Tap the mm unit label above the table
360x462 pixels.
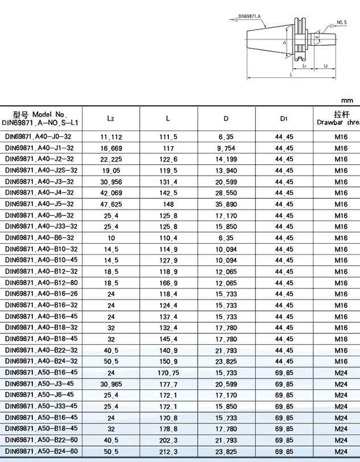(x=347, y=101)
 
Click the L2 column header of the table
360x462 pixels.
(x=111, y=119)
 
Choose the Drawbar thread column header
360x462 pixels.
(x=339, y=118)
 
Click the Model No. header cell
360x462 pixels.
(x=41, y=118)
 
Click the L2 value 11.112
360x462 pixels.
(x=111, y=137)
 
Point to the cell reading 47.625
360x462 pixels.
(x=111, y=204)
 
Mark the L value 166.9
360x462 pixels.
(x=168, y=282)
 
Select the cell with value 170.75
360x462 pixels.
(x=168, y=373)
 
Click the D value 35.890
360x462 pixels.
(x=226, y=204)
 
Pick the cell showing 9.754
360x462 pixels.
(x=226, y=148)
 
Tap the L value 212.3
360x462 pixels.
(x=168, y=451)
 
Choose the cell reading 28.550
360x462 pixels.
(x=226, y=193)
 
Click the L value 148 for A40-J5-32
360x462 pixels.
(x=168, y=204)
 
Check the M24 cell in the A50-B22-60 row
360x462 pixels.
(x=341, y=440)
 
